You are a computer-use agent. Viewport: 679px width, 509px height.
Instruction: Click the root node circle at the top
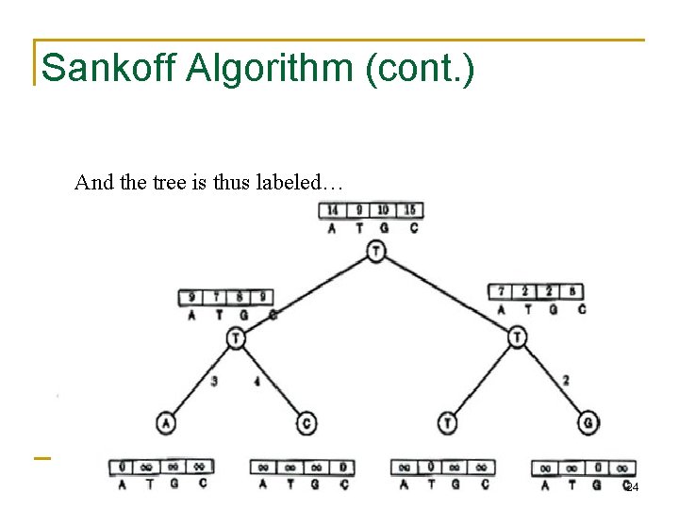pos(376,251)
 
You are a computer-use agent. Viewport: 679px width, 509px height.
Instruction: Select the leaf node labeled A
pos(167,422)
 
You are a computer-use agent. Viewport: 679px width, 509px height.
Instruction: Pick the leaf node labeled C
pos(306,423)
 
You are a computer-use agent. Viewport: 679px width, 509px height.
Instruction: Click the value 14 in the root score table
pos(333,210)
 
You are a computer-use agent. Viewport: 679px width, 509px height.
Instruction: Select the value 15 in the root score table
pos(410,210)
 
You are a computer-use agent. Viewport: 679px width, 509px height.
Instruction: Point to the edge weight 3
pos(214,382)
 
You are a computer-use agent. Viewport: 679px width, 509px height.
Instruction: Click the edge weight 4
pos(257,382)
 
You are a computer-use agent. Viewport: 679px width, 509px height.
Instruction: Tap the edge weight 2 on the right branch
pos(565,380)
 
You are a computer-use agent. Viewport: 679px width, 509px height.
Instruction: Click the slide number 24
pos(632,487)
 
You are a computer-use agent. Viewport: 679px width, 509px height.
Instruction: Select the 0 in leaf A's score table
pos(123,467)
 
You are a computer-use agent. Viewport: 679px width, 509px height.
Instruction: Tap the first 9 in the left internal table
pos(192,298)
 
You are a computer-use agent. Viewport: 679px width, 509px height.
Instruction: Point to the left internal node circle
pos(235,337)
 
